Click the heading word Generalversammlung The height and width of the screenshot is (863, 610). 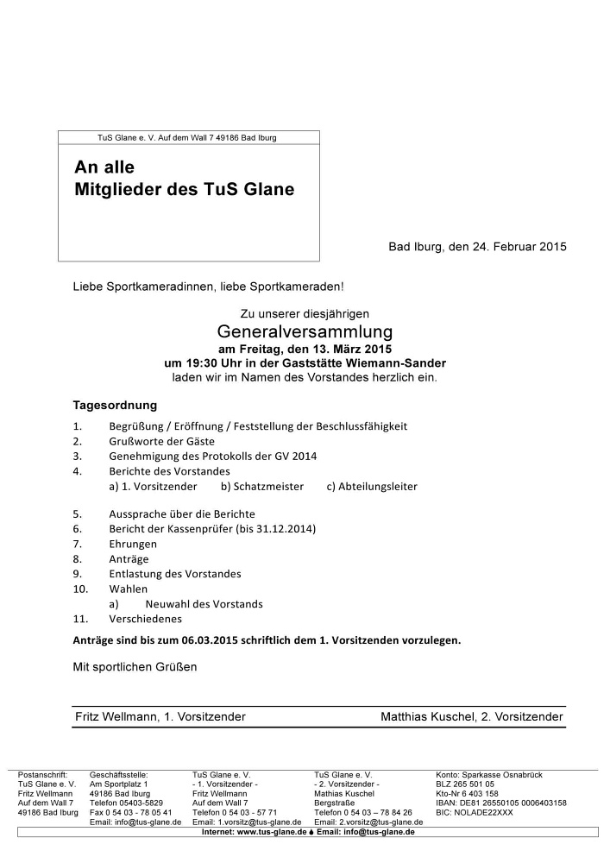pyautogui.click(x=305, y=331)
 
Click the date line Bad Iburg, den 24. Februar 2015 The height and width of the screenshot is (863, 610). pyautogui.click(x=477, y=246)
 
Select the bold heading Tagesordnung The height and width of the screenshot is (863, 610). pyautogui.click(x=115, y=404)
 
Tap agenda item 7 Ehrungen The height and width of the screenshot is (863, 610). pyautogui.click(x=133, y=545)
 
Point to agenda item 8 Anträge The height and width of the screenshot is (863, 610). pyautogui.click(x=129, y=559)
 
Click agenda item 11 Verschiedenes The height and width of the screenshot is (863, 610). pyautogui.click(x=145, y=619)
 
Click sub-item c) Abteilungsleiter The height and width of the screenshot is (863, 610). pyautogui.click(x=372, y=487)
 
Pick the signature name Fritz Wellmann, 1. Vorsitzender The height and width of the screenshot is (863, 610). pyautogui.click(x=160, y=716)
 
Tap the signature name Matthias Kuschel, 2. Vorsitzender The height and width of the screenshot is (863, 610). pyautogui.click(x=472, y=716)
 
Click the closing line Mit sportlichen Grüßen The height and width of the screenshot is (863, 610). pyautogui.click(x=135, y=666)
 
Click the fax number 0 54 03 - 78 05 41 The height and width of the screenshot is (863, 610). pyautogui.click(x=131, y=812)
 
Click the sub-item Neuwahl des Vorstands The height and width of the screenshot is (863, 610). pyautogui.click(x=204, y=604)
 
